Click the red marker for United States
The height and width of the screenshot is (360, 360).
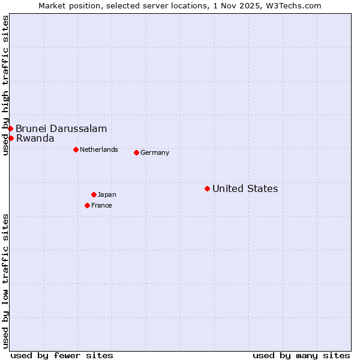pos(207,188)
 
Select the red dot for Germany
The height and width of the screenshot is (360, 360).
pos(136,152)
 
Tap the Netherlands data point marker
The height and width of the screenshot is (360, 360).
pos(76,149)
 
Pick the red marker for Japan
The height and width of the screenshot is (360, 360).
pos(94,194)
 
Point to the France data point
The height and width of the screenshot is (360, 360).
pos(87,205)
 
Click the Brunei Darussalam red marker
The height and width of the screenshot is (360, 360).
pos(10,128)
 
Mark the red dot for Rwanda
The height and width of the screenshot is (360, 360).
pos(11,138)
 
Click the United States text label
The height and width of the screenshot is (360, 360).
pos(245,188)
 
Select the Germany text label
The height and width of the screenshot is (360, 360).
pos(155,152)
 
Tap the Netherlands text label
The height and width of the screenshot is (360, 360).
pos(99,149)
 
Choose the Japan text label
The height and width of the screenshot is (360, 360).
pos(107,194)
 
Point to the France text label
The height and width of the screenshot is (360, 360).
pos(101,205)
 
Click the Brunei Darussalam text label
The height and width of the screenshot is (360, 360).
pos(61,128)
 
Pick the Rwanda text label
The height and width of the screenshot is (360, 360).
pos(35,138)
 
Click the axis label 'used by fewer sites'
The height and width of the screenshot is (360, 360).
pos(62,355)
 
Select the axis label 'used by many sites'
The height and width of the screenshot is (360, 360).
pos(301,355)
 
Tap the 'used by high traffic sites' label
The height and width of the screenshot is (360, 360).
pos(5,86)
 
